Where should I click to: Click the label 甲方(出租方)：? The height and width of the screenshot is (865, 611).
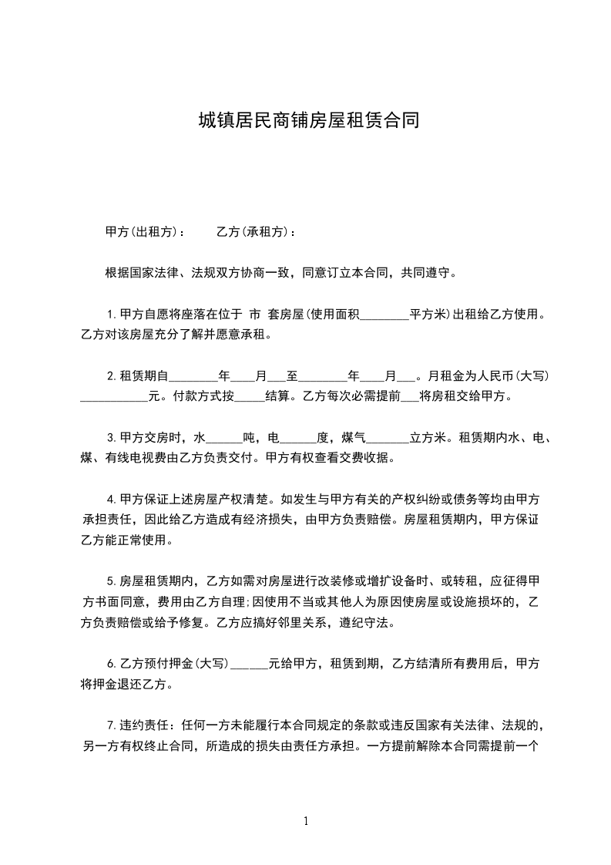[x=145, y=231]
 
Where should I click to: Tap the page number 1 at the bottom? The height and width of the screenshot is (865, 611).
[x=306, y=821]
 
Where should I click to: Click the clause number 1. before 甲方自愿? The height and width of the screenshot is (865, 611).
[x=112, y=315]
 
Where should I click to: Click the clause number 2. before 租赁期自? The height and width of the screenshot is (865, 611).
[x=112, y=376]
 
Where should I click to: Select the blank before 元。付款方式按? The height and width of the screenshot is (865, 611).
[x=114, y=397]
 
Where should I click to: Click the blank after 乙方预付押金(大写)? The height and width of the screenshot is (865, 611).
[x=249, y=663]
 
